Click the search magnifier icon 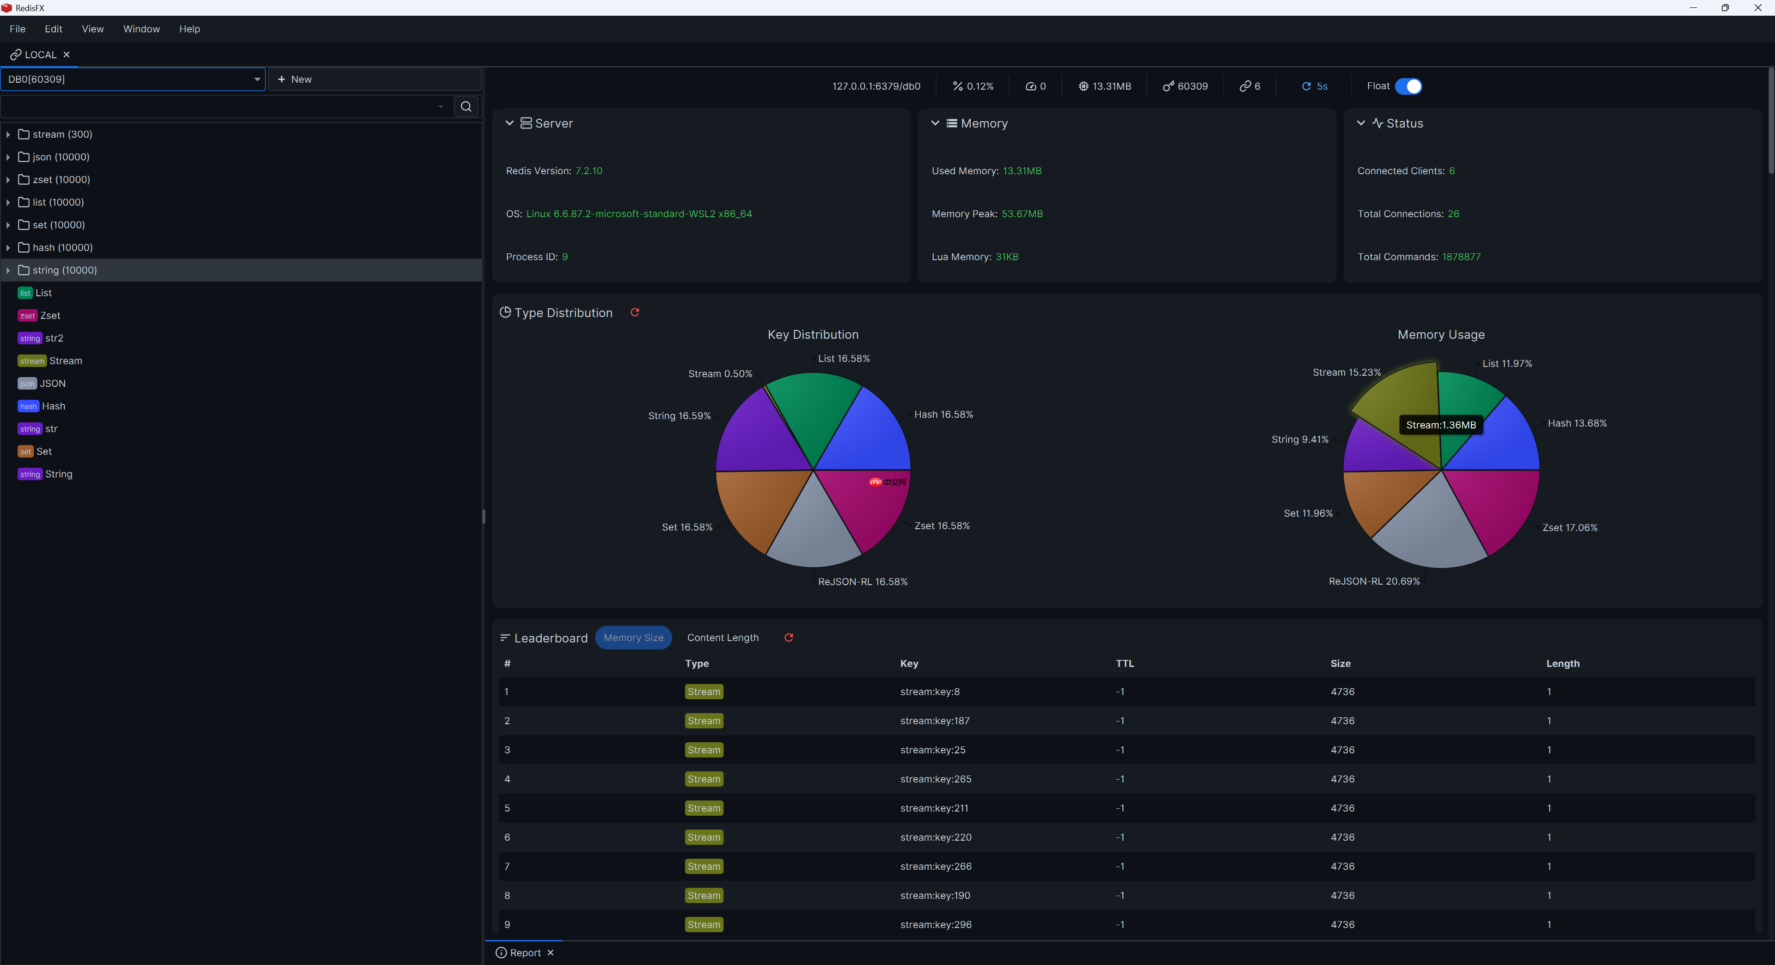[x=466, y=106]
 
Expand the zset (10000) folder [x=8, y=180]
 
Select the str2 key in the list [x=54, y=338]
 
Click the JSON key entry [x=52, y=384]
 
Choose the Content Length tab [x=722, y=638]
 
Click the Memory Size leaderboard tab [x=632, y=638]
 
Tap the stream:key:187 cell [x=934, y=721]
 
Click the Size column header [x=1340, y=663]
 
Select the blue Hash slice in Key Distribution [x=868, y=434]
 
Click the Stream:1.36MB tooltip [x=1441, y=425]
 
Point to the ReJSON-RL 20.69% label [x=1374, y=581]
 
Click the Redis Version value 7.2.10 [x=588, y=171]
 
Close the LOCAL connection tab [x=67, y=55]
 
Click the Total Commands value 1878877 [x=1461, y=257]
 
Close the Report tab [x=551, y=953]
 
